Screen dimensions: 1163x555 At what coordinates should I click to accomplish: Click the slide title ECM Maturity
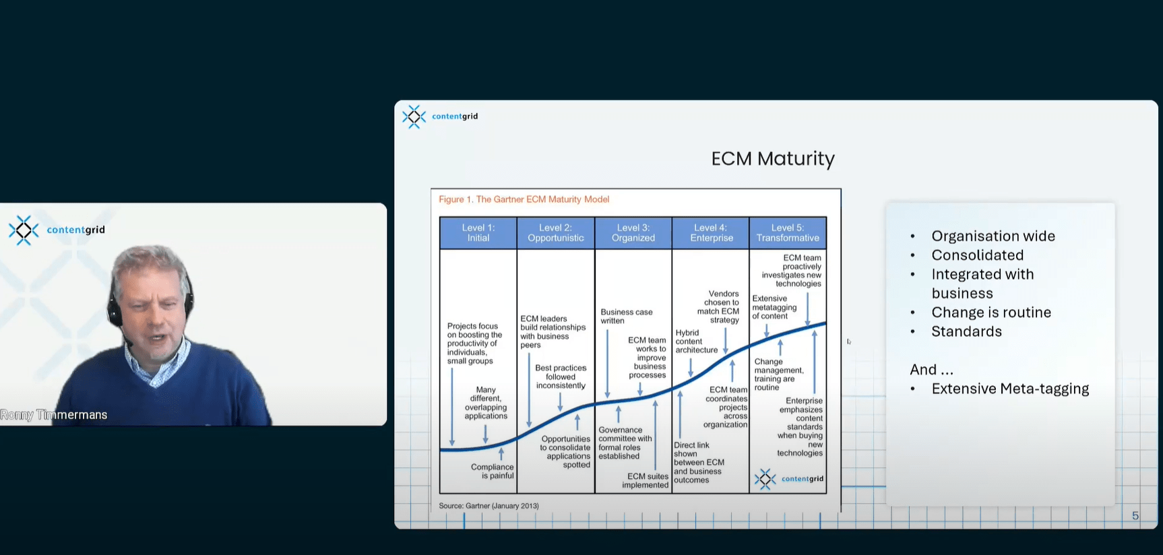773,159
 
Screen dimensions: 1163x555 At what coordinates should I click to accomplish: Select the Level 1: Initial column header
478,233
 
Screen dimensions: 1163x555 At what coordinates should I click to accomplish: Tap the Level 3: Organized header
633,233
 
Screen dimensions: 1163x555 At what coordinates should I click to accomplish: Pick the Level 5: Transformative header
788,233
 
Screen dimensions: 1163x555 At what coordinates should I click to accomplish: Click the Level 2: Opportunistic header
556,233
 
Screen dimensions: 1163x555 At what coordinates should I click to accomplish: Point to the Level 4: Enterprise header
711,233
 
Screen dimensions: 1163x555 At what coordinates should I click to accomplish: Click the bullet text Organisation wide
993,236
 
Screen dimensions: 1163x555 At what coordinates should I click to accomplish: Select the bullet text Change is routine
991,313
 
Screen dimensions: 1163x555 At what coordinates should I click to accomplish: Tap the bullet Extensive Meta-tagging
1010,389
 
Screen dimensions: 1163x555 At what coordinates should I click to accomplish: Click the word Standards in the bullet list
966,331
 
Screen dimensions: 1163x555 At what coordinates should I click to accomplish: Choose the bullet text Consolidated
977,255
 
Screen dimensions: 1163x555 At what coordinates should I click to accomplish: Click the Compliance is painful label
493,471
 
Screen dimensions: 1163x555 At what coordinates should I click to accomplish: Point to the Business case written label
627,317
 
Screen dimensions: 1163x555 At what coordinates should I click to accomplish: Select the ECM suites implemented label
646,481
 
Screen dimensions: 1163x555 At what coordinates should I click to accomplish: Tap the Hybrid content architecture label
697,341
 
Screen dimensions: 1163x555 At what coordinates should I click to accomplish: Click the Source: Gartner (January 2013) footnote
489,506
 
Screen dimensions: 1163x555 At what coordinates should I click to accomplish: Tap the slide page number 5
1135,516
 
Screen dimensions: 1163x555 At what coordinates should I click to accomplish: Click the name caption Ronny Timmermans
54,415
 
